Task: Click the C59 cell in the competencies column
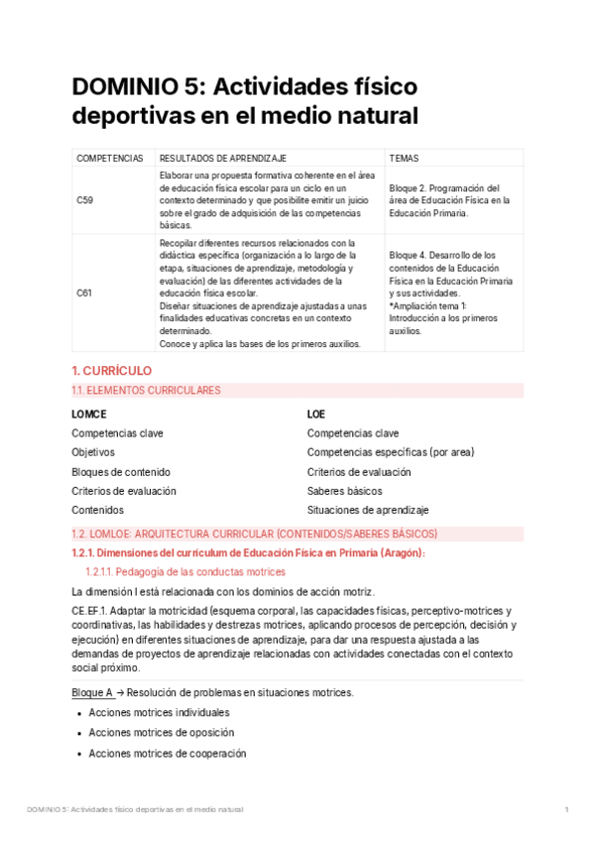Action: (x=85, y=200)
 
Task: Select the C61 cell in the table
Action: (x=85, y=293)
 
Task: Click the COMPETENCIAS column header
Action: (x=110, y=158)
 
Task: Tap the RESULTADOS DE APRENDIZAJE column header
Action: (x=223, y=158)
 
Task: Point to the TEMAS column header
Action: (x=404, y=158)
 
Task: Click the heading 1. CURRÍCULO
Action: (x=112, y=370)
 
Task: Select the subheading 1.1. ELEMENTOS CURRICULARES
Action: (x=147, y=391)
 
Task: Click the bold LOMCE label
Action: (x=89, y=414)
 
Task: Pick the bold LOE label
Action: (x=316, y=414)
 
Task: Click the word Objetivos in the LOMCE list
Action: (x=93, y=452)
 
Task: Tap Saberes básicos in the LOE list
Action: (x=344, y=491)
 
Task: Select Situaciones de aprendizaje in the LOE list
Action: (x=368, y=510)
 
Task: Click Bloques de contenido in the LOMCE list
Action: (x=121, y=471)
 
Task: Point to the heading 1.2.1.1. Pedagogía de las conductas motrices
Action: (x=185, y=572)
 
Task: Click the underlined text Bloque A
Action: (x=92, y=692)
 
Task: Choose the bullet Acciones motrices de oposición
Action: (x=162, y=733)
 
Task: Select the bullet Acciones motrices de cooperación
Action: (x=168, y=753)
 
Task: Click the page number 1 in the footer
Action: (x=566, y=810)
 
